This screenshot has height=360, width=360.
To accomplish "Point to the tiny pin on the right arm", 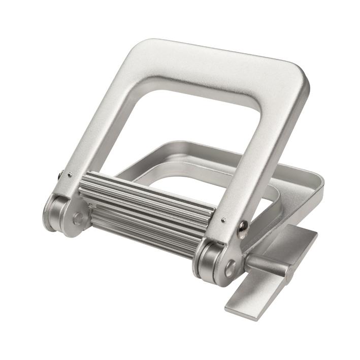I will (x=224, y=220).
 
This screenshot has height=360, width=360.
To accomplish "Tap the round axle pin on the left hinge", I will (x=77, y=219).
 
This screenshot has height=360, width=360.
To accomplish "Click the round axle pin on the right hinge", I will (x=230, y=268).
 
